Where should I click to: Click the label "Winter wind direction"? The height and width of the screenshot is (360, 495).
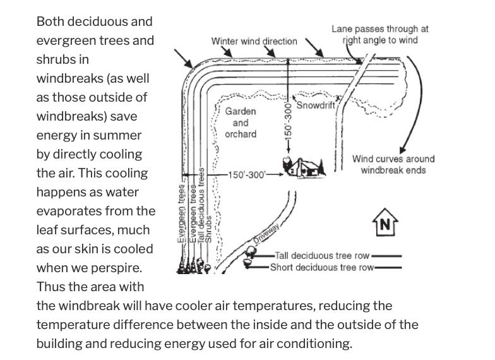[254, 41]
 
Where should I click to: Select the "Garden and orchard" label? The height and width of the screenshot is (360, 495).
[241, 123]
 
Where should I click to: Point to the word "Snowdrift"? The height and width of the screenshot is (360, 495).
[315, 105]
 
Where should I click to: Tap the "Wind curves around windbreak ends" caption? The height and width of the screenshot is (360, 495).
[393, 164]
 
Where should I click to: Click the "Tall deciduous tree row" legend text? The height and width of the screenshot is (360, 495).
[323, 256]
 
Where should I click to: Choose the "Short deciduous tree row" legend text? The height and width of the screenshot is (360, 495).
[321, 267]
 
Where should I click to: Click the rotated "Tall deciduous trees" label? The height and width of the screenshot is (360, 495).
[201, 208]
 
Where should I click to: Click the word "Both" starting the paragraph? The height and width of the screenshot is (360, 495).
[51, 21]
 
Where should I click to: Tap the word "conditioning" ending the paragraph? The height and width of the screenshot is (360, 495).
[313, 344]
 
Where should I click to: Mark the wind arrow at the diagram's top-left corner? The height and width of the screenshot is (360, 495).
[185, 59]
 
